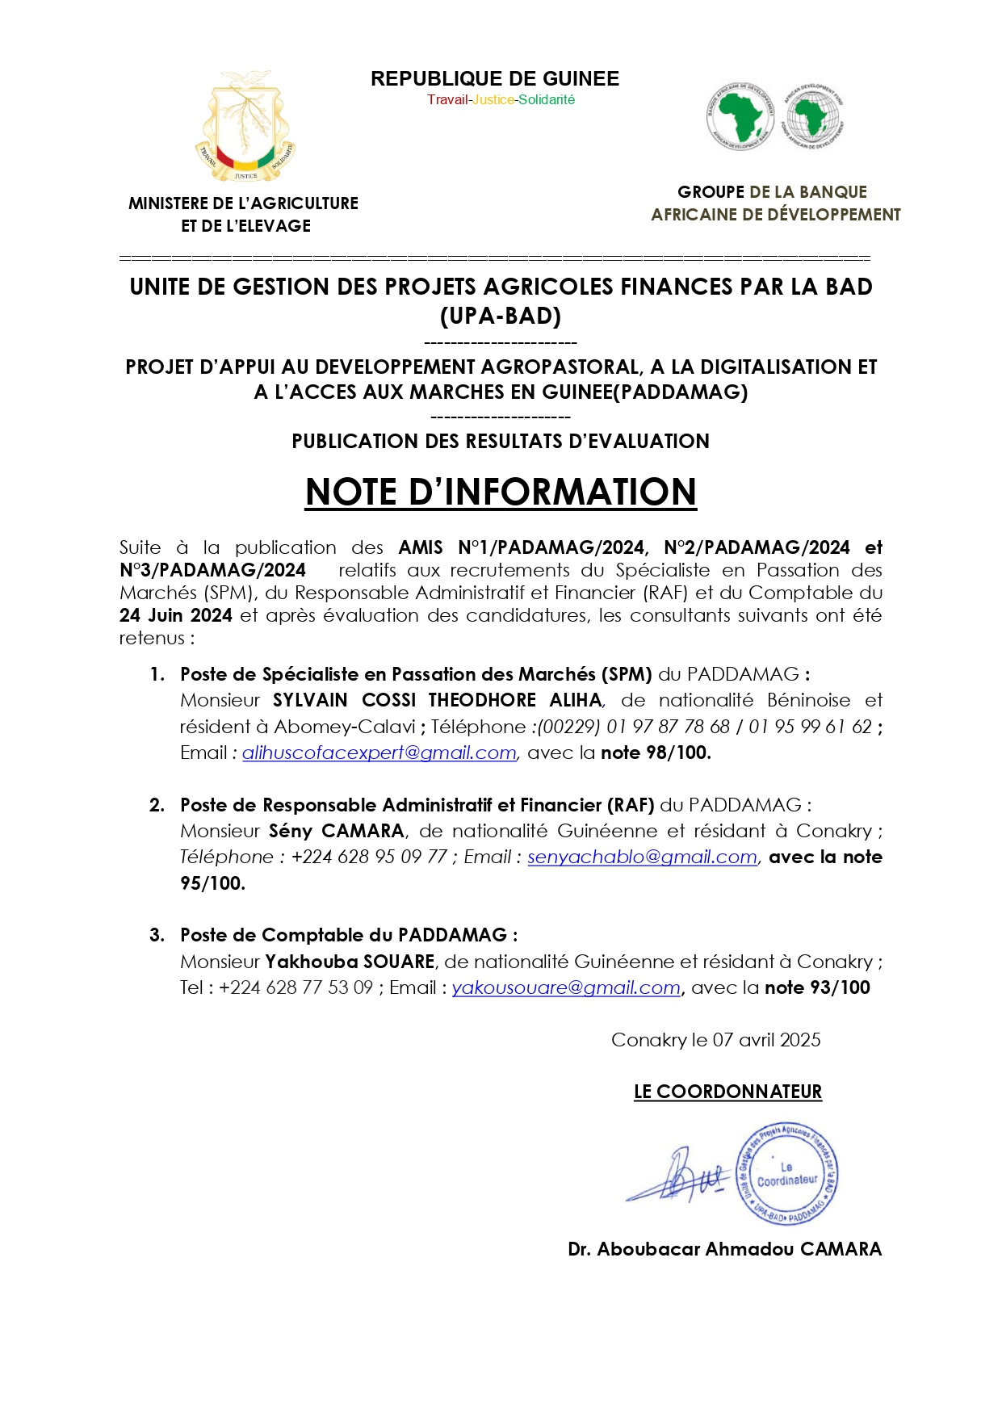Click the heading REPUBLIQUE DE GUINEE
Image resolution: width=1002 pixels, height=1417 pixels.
(x=495, y=79)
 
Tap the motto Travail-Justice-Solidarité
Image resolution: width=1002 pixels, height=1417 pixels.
(x=501, y=100)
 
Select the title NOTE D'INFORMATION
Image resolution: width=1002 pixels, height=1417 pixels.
(x=501, y=493)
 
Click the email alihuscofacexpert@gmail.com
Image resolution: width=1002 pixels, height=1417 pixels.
(x=379, y=753)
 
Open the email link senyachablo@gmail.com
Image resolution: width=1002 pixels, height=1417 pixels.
(x=642, y=857)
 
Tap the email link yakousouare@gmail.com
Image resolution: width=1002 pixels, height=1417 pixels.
(x=566, y=988)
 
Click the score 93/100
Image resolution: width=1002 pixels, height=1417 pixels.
(x=841, y=988)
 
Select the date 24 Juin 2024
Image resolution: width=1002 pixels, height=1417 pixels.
(x=176, y=616)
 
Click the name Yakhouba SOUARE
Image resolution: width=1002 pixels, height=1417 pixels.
(x=350, y=962)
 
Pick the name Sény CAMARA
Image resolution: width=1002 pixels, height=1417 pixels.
(x=337, y=832)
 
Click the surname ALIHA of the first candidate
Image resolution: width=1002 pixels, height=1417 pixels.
(x=576, y=701)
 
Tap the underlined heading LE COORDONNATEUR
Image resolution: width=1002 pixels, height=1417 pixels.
(x=727, y=1092)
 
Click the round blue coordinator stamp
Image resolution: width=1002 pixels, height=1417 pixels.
(x=787, y=1175)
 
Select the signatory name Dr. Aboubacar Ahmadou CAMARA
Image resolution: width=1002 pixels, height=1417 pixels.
(x=724, y=1250)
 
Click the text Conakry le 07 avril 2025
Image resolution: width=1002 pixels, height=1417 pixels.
(x=715, y=1041)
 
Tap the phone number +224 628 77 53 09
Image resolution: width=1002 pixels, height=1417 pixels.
(x=296, y=988)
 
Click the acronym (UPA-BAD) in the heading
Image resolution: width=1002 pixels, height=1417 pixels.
(x=501, y=317)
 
